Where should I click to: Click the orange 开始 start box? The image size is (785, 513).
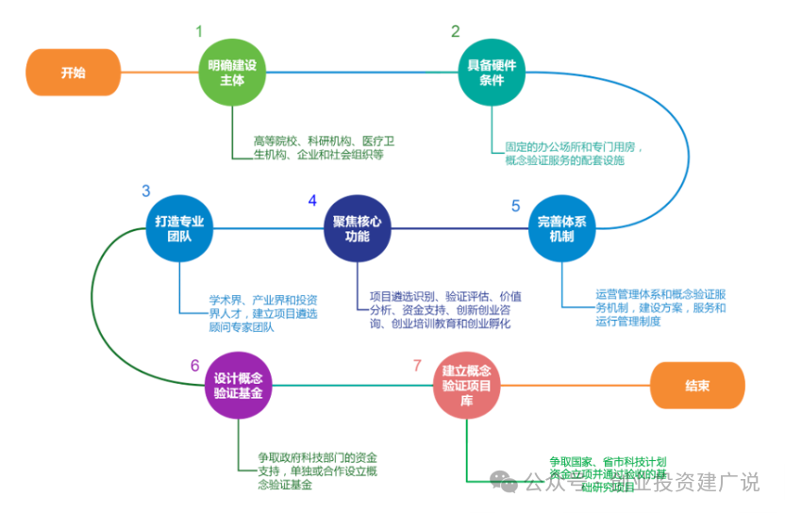73,73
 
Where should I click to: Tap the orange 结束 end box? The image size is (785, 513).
697,385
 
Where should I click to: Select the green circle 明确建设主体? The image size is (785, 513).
232,73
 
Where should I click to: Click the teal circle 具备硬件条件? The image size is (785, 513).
492,73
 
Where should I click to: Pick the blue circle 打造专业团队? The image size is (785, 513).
179,229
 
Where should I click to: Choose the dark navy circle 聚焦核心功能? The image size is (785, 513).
357,229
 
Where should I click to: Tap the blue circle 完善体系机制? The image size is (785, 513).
562,229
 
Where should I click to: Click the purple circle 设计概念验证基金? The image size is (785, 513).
238,385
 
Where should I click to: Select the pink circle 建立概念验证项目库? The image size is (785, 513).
466,385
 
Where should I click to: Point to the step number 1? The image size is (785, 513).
199,31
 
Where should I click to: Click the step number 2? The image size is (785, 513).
456,31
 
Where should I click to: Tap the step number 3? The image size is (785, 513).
146,190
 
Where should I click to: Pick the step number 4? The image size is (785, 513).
312,200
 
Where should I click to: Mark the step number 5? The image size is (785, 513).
516,205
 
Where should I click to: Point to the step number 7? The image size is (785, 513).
417,365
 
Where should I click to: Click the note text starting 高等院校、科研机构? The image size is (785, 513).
324,148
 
